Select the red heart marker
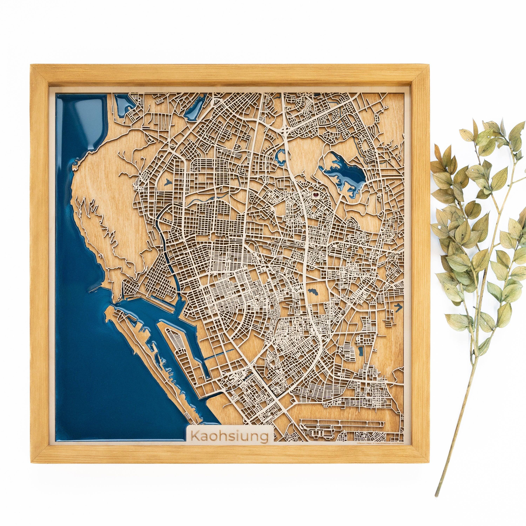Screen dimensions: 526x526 (x=315, y=195)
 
